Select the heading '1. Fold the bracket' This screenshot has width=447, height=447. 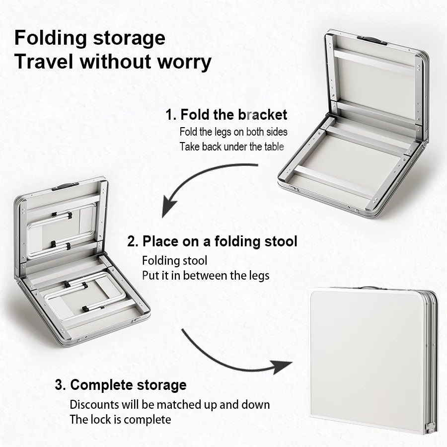point(226,115)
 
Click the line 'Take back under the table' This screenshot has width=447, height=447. point(231,147)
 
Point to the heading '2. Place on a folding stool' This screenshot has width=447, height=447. point(213,242)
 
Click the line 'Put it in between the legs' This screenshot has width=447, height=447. point(206,275)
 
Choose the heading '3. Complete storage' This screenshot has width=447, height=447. point(121,385)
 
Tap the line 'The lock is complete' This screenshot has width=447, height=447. point(120,419)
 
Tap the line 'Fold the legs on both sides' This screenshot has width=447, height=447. point(233,132)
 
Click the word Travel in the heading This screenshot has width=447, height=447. point(44,62)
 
